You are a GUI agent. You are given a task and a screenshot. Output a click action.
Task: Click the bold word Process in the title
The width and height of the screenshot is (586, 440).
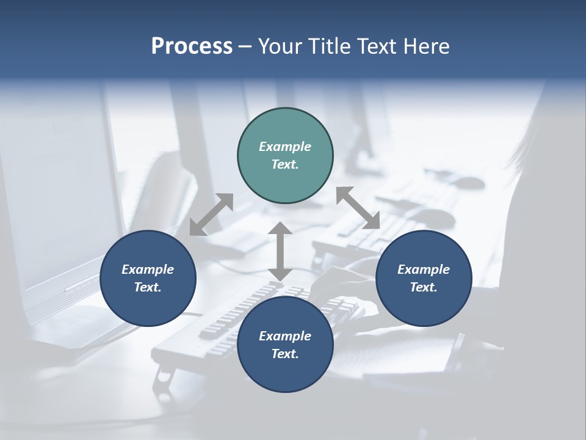pyautogui.click(x=192, y=46)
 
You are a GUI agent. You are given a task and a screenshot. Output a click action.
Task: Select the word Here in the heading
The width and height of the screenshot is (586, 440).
pyautogui.click(x=425, y=46)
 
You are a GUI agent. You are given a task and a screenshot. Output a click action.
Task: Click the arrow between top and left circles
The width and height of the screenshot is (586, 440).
pyautogui.click(x=211, y=214)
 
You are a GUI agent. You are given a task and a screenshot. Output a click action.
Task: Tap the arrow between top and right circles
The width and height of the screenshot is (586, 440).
pyautogui.click(x=358, y=208)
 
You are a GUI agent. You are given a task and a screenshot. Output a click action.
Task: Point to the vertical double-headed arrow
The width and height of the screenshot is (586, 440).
pyautogui.click(x=280, y=251)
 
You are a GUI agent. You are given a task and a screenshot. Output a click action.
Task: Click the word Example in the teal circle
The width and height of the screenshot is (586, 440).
pyautogui.click(x=285, y=147)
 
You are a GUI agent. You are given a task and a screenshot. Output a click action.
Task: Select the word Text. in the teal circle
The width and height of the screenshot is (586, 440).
pyautogui.click(x=285, y=164)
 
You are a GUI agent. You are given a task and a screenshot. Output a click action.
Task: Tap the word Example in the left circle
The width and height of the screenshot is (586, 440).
pyautogui.click(x=148, y=269)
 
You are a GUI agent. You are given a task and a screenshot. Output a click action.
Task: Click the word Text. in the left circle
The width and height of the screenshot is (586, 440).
pyautogui.click(x=148, y=287)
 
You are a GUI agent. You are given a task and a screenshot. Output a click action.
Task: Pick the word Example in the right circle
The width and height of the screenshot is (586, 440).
pyautogui.click(x=424, y=269)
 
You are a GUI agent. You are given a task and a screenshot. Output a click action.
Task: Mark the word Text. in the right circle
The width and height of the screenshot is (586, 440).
pyautogui.click(x=424, y=287)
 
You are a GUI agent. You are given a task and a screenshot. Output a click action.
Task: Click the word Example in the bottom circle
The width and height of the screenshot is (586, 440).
pyautogui.click(x=285, y=336)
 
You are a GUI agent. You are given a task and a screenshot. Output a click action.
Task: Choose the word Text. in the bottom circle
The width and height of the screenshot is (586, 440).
pyautogui.click(x=285, y=354)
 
